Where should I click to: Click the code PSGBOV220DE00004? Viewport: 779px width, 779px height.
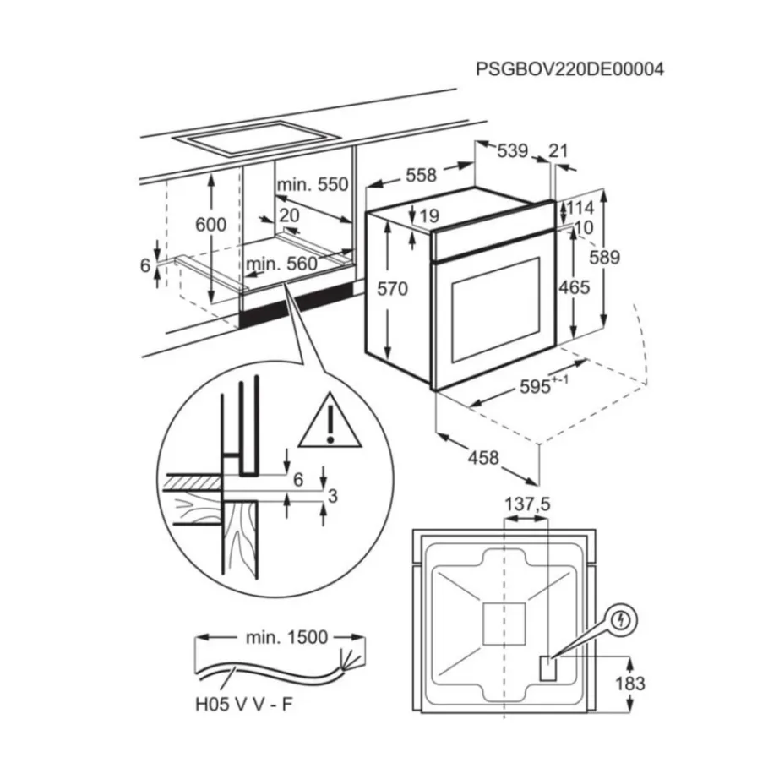pos(569,70)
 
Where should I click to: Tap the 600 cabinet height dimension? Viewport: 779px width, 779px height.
pos(210,224)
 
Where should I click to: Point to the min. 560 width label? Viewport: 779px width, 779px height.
pos(281,264)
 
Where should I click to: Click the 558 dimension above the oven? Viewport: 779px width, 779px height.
pos(421,175)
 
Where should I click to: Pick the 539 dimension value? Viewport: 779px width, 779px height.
pos(511,151)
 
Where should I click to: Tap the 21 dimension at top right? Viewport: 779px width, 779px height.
pos(558,151)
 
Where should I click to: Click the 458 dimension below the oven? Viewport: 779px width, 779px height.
pos(483,458)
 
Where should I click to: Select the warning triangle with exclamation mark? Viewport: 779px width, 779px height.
pos(329,421)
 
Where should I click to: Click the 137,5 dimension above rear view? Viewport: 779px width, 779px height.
pos(527,504)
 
